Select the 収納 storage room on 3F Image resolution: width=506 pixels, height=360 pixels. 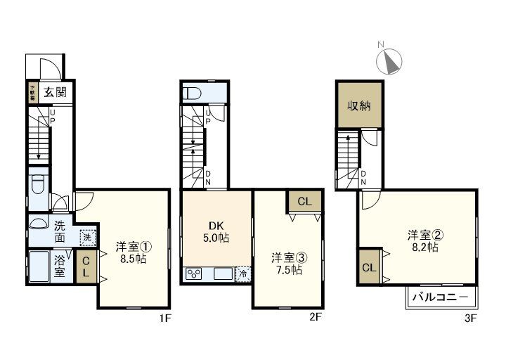[x=359, y=106]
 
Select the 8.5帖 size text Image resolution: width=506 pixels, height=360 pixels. [x=131, y=258]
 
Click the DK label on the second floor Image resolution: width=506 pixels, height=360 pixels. [x=216, y=226]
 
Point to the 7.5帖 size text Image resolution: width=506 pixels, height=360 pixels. [x=287, y=269]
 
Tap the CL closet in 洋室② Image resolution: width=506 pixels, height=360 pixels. [x=368, y=267]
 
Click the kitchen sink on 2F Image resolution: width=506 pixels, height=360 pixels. [x=223, y=273]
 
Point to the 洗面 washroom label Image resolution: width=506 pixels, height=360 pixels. [x=60, y=233]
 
